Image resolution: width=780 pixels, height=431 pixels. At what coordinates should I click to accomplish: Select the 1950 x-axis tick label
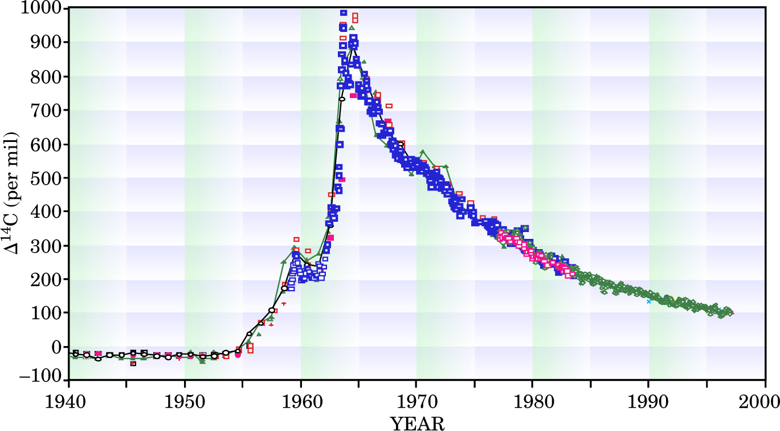tap(185, 397)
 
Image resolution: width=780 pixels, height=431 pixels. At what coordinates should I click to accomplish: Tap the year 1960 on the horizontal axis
tap(301, 397)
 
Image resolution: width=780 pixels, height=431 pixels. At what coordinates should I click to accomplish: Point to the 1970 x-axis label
tap(416, 397)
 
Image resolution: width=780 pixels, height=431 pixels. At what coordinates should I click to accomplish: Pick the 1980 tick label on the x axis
tap(533, 397)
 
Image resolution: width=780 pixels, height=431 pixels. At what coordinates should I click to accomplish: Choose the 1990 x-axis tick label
tap(648, 397)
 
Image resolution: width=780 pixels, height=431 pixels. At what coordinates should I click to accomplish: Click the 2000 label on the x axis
tap(764, 397)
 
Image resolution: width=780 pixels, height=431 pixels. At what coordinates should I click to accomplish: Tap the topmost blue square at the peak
tap(344, 13)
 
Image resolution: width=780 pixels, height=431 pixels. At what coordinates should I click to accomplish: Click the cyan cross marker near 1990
tap(648, 301)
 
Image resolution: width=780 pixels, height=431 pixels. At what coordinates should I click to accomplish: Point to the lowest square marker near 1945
tap(133, 363)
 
